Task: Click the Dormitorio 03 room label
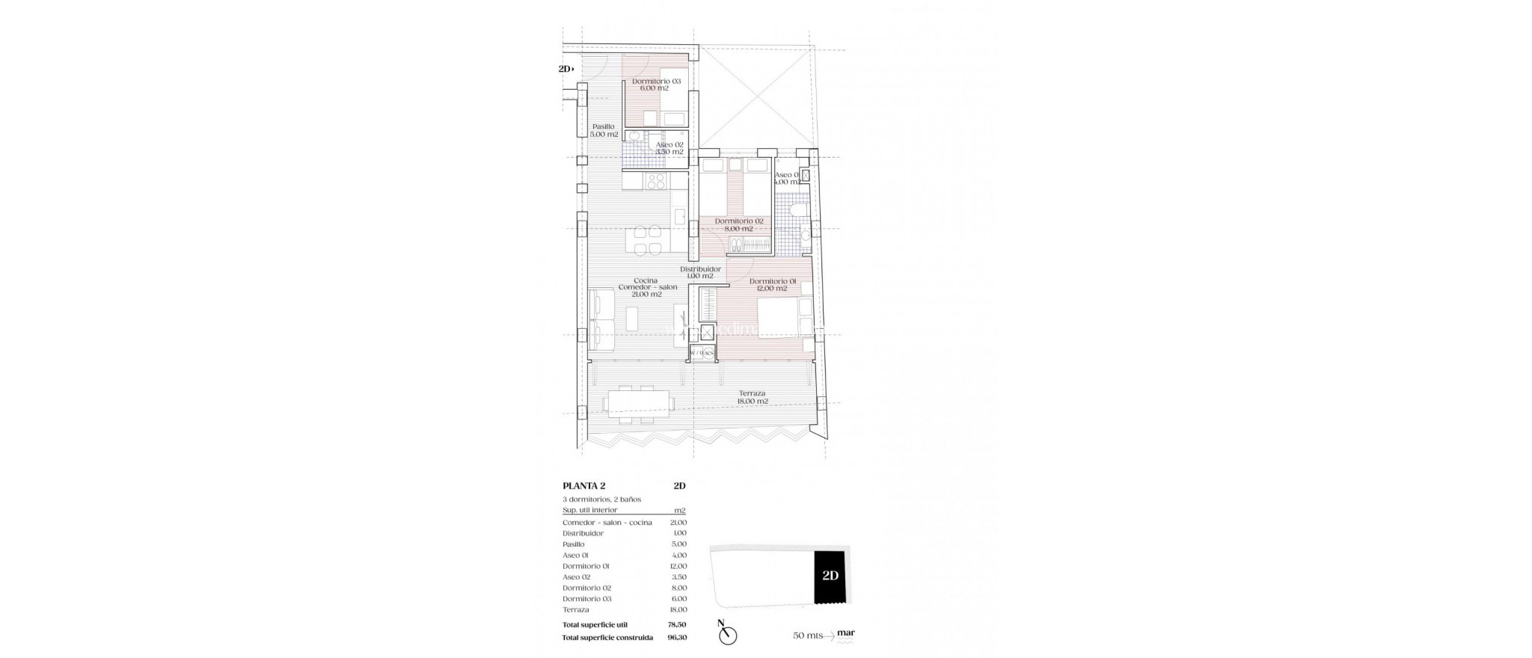coord(656,84)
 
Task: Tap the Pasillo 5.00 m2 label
coord(604,131)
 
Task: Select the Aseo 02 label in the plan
coord(669,148)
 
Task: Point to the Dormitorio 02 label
coord(738,225)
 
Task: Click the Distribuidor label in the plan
coord(700,272)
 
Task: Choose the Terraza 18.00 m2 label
coord(752,397)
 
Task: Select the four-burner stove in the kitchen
coord(133,182)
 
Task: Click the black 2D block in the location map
coord(829,576)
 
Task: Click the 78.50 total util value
coord(676,624)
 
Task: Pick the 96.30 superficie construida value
coord(676,638)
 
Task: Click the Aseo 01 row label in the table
coord(575,556)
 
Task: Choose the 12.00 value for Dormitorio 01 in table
coord(678,566)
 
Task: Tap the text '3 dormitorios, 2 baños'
coord(601,499)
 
